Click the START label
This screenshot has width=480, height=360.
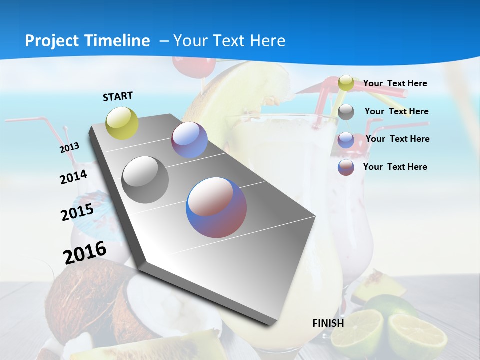pyautogui.click(x=118, y=96)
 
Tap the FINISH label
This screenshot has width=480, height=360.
pyautogui.click(x=328, y=323)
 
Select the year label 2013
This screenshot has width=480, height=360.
pyautogui.click(x=69, y=148)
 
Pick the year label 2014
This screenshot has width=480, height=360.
pyautogui.click(x=73, y=177)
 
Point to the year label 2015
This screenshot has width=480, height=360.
pyautogui.click(x=77, y=212)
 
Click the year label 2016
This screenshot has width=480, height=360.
pyautogui.click(x=85, y=252)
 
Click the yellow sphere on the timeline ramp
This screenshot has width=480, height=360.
pyautogui.click(x=122, y=123)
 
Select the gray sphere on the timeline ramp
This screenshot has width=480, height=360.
pyautogui.click(x=145, y=180)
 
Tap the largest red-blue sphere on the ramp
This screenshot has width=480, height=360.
pyautogui.click(x=216, y=207)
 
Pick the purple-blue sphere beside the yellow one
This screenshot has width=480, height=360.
pyautogui.click(x=189, y=140)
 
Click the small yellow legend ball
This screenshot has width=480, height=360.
pyautogui.click(x=346, y=83)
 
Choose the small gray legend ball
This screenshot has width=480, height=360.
pyautogui.click(x=346, y=112)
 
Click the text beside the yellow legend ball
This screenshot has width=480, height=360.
pyautogui.click(x=395, y=83)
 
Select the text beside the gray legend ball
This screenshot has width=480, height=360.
pyautogui.click(x=396, y=111)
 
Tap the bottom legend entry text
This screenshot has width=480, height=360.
pyautogui.click(x=395, y=167)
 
